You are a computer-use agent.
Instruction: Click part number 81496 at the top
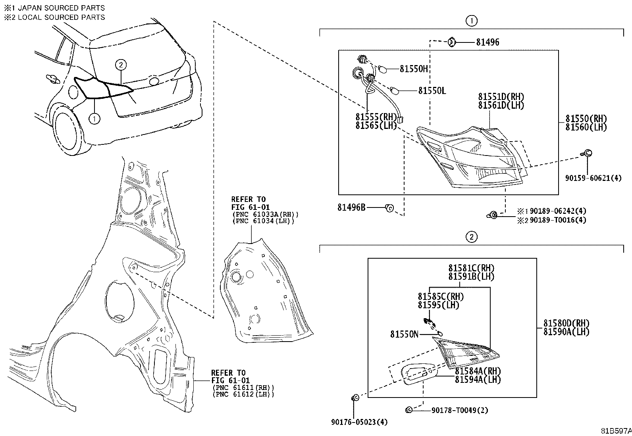pyautogui.click(x=487, y=42)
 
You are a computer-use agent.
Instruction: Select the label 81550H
pyautogui.click(x=414, y=69)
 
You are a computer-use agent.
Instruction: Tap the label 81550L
pyautogui.click(x=432, y=91)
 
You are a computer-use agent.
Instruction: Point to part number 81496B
pyautogui.click(x=351, y=207)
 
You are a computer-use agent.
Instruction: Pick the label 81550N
pyautogui.click(x=404, y=334)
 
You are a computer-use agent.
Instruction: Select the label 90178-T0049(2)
pyautogui.click(x=460, y=410)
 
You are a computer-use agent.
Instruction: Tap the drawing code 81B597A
pyautogui.click(x=615, y=431)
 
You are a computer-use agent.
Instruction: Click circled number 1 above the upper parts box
pyautogui.click(x=471, y=21)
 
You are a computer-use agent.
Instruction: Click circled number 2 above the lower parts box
pyautogui.click(x=471, y=237)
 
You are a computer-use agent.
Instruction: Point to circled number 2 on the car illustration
pyautogui.click(x=121, y=65)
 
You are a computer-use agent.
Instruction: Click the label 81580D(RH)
pyautogui.click(x=566, y=323)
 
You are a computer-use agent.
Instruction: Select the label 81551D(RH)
pyautogui.click(x=501, y=97)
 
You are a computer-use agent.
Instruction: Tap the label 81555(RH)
pyautogui.click(x=376, y=117)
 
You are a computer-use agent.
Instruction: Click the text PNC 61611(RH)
pyautogui.click(x=243, y=388)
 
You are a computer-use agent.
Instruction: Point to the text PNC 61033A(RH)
pyautogui.click(x=265, y=214)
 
